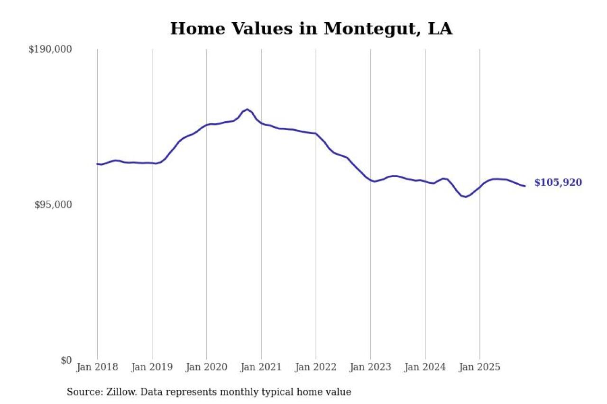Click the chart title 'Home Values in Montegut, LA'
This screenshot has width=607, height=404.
coord(311,29)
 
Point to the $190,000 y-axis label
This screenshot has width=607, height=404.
coord(50,49)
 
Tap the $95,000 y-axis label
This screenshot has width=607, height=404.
coord(53,205)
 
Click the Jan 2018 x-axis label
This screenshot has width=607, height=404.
coord(97,368)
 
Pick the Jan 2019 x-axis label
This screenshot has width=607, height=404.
coord(152,368)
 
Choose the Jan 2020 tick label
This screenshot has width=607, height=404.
coord(206,368)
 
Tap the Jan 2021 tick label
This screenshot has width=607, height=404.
coord(261,368)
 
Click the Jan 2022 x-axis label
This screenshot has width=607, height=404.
coord(316,368)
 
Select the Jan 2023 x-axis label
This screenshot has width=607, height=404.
coord(370,368)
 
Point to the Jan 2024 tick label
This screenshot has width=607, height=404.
coord(425,368)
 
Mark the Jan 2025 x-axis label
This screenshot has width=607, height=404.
coord(479,368)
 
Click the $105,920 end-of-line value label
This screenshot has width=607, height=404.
coord(558,183)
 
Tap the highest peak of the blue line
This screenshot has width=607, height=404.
coord(247,109)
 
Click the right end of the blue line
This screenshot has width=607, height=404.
coord(524,186)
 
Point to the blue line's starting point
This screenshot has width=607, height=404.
coord(97,164)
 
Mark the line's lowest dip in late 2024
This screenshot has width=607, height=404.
coord(466,197)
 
